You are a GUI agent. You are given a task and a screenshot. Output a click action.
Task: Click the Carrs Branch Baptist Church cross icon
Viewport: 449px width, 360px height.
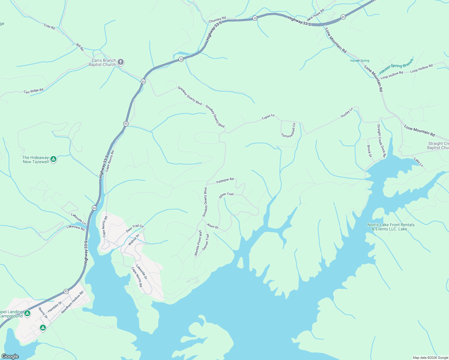pyautogui.click(x=121, y=62)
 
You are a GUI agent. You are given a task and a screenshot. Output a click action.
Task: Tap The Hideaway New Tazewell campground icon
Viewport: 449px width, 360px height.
pyautogui.click(x=53, y=159)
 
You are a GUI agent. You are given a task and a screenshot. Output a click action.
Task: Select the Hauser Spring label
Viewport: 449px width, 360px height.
pyautogui.click(x=360, y=61)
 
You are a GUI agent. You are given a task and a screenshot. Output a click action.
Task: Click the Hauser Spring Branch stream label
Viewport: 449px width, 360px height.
pyautogui.click(x=396, y=66)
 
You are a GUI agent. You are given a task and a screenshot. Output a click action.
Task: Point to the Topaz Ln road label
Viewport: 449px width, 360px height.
pyautogui.click(x=268, y=117)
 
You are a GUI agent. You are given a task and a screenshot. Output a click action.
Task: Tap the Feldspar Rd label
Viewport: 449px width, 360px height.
pyautogui.click(x=225, y=180)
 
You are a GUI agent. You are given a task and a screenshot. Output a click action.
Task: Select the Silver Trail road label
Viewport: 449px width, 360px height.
pyautogui.click(x=226, y=195)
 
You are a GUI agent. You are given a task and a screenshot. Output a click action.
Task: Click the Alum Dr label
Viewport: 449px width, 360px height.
pyautogui.click(x=212, y=226)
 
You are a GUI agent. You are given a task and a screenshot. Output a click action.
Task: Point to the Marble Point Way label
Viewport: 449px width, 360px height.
pyautogui.click(x=198, y=243)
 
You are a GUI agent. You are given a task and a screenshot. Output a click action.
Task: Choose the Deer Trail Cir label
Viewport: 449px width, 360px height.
pyautogui.click(x=135, y=229)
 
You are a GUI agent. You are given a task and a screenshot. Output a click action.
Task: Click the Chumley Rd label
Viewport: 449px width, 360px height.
pyautogui.click(x=217, y=20)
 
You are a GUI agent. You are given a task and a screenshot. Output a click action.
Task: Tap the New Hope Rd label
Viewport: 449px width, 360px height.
pyautogui.click(x=315, y=15)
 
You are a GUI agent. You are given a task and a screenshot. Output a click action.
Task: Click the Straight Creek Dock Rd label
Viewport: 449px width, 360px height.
pyautogui.click(x=381, y=141)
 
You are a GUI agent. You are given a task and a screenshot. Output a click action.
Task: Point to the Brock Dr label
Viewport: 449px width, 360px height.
pyautogui.click(x=369, y=151)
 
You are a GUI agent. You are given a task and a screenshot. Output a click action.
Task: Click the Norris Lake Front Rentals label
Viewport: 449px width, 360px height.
pyautogui.click(x=391, y=227)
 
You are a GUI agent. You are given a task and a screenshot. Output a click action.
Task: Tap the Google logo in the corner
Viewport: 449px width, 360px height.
pyautogui.click(x=10, y=356)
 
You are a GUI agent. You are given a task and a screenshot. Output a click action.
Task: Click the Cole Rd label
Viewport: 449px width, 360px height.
pyautogui.click(x=49, y=26)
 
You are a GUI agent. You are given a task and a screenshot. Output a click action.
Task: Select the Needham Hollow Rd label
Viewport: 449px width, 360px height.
pyautogui.click(x=72, y=302)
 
